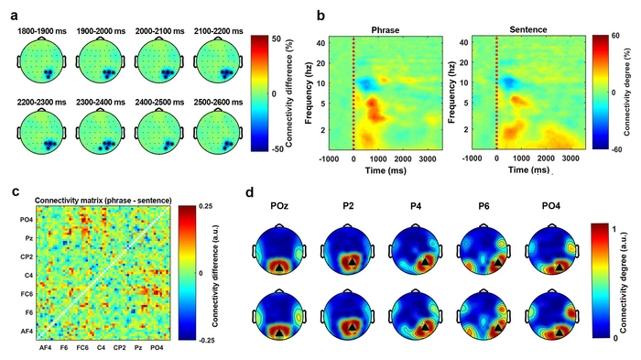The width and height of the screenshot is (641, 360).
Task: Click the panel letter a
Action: tap(15, 16)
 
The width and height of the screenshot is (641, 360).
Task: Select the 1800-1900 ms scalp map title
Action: tap(41, 31)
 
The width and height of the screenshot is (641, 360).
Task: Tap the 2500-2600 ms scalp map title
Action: tap(219, 103)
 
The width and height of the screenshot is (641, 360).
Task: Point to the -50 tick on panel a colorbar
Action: tap(277, 149)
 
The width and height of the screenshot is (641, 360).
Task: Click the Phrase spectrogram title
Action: tap(386, 30)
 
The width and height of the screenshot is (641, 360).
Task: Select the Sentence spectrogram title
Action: tap(528, 29)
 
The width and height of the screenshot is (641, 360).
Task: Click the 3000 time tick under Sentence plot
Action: tap(571, 158)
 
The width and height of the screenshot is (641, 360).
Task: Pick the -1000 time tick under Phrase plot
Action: tap(329, 158)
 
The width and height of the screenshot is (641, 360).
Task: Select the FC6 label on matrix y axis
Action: tap(26, 294)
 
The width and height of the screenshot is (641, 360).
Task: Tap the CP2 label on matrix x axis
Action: tap(119, 348)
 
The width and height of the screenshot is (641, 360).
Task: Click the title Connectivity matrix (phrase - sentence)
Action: tap(103, 201)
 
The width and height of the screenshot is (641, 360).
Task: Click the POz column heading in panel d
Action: tap(279, 206)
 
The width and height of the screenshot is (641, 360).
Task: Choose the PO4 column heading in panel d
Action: tap(551, 206)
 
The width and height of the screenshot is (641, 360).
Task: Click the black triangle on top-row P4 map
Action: tap(425, 261)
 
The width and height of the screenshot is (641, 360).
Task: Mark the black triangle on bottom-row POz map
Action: tap(278, 333)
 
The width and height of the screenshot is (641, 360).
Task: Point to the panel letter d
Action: tap(251, 192)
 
